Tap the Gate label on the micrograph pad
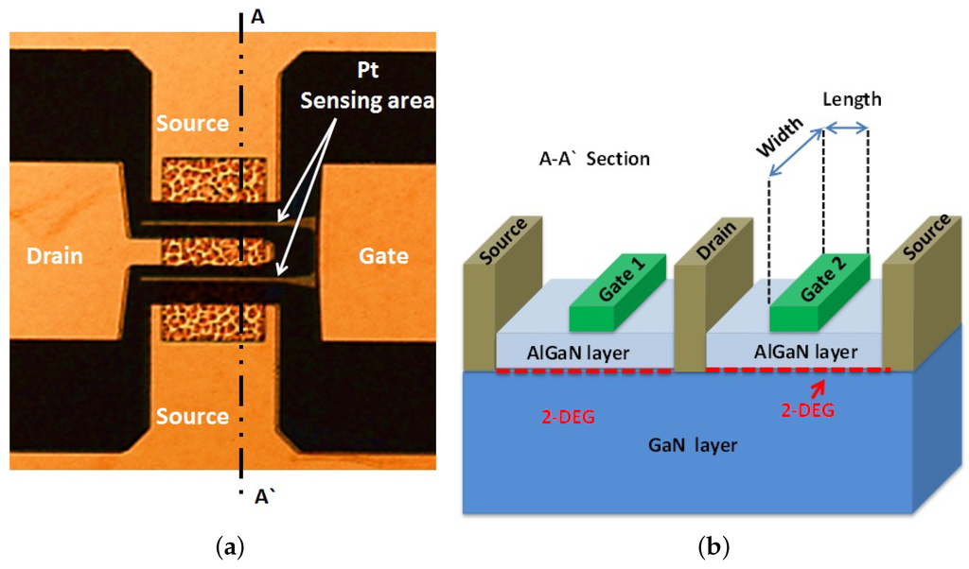383,256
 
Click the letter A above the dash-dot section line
258,17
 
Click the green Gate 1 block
620,292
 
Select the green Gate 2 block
820,293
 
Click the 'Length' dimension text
851,98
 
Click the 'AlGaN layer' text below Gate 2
805,352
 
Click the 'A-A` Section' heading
588,158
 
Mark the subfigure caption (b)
711,546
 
